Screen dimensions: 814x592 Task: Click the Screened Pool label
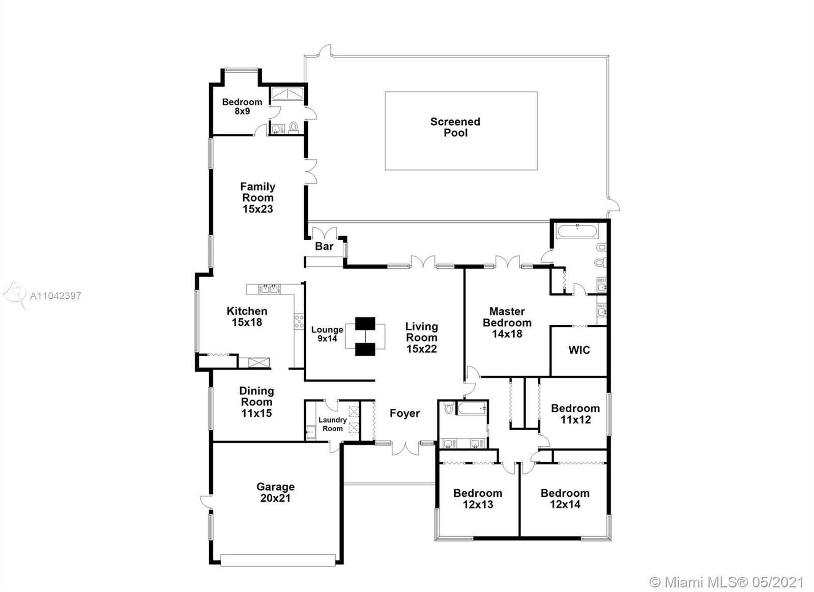455,127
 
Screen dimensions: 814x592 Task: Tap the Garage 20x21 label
275,492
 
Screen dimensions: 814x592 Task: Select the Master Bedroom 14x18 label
507,322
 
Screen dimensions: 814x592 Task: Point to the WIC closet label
579,350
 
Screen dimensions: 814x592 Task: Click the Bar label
324,246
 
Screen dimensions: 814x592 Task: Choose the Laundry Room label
333,424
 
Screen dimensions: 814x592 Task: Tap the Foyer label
404,413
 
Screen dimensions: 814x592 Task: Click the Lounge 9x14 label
327,334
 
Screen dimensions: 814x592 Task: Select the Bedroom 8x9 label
242,106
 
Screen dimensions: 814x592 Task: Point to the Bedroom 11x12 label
575,414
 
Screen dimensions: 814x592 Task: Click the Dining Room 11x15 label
256,402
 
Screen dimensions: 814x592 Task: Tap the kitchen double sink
269,289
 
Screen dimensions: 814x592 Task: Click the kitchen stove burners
299,322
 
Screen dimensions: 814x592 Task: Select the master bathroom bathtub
577,232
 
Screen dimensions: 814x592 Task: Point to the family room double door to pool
311,171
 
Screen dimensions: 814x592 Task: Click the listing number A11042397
55,296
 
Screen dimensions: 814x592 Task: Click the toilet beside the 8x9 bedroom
293,128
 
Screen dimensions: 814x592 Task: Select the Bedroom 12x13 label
478,498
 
